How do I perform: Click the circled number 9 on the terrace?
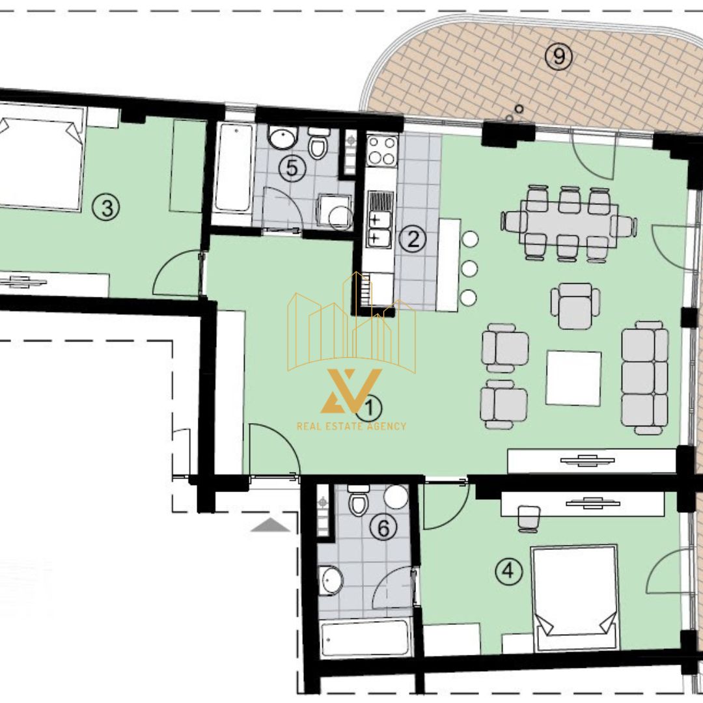coord(558,57)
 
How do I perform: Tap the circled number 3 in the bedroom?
coord(106,208)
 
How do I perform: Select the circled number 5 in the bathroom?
coord(292,169)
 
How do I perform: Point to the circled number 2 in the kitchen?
coord(412,238)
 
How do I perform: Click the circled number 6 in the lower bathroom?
coord(383,528)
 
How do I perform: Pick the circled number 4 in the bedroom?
coord(508,572)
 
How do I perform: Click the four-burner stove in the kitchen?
coord(382,150)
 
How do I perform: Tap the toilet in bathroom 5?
coord(318,142)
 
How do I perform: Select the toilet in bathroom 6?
coord(359,499)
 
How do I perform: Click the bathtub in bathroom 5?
coord(233,168)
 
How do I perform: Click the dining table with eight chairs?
coord(569,223)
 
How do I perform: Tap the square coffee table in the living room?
coord(573,378)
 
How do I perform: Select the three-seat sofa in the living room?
coord(644,378)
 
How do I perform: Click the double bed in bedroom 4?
coord(575,598)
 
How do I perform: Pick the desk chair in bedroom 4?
coord(529,519)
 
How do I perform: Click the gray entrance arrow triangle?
coord(270,525)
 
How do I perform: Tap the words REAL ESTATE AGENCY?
coord(351,426)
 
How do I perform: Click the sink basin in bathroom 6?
coord(331,580)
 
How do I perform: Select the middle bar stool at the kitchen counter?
coord(469,268)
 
